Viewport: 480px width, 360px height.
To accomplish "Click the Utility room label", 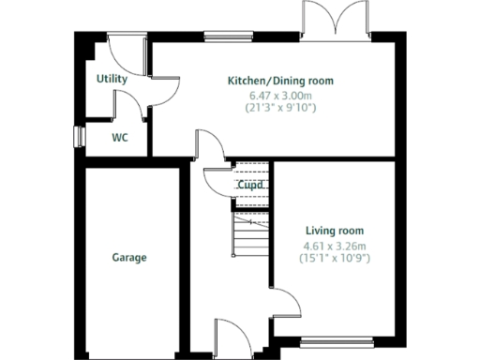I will [112, 80].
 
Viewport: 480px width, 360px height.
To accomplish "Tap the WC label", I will [120, 137].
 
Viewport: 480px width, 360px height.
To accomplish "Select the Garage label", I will [129, 257].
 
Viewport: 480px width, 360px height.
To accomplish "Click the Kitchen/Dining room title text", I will [280, 81].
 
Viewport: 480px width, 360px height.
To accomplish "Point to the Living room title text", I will [335, 230].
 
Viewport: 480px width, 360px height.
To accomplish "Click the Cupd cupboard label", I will [248, 186].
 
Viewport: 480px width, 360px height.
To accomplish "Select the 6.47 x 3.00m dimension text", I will [281, 95].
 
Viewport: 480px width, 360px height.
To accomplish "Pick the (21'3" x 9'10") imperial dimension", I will [281, 108].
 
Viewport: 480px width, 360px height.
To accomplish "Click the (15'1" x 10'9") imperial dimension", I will [335, 257].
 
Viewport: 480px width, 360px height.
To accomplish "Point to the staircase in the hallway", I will [250, 235].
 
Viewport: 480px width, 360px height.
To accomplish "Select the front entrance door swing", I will [228, 330].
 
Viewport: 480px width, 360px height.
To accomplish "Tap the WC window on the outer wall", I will [79, 137].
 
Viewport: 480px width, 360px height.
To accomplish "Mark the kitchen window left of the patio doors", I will [221, 37].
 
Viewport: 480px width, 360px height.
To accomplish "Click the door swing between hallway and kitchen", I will [208, 150].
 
